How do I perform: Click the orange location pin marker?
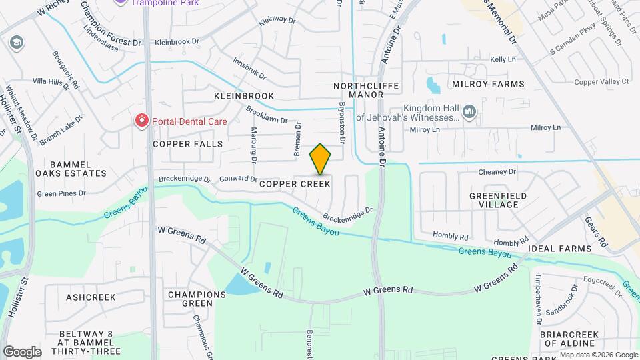tap(320, 159)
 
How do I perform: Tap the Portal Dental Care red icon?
tap(141, 121)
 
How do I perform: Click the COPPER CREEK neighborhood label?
tap(294, 183)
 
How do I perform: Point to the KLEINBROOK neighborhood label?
tap(244, 96)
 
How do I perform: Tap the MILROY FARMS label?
tap(488, 84)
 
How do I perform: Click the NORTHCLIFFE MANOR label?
tap(358, 90)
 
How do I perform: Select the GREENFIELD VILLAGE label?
tap(498, 200)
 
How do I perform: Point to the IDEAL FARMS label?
tap(559, 249)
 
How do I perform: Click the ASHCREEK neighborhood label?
tap(91, 297)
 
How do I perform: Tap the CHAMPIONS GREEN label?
tap(197, 299)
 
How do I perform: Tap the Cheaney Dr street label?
tap(497, 172)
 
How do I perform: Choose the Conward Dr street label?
tap(238, 179)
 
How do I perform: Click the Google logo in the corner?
tap(22, 351)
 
